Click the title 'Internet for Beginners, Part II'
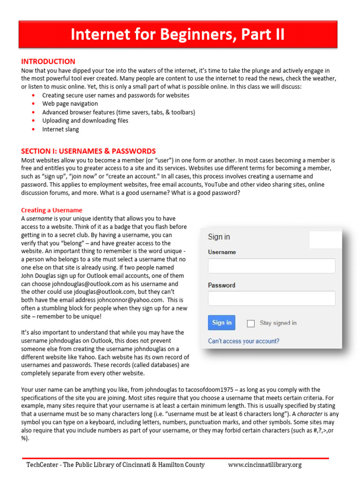[x=178, y=34]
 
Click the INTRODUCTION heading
[x=48, y=61]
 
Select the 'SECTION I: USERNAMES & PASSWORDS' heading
[x=88, y=151]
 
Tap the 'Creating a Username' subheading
[x=52, y=210]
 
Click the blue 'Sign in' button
[x=222, y=322]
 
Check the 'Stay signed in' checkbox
[x=251, y=323]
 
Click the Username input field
[x=271, y=266]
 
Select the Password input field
[x=271, y=298]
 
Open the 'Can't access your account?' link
[x=243, y=341]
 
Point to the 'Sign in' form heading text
[x=219, y=237]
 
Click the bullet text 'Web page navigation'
[x=70, y=104]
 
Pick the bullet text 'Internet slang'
[x=60, y=129]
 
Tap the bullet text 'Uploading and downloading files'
[x=85, y=120]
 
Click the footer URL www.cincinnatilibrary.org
[x=264, y=465]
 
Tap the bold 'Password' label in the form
[x=221, y=285]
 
